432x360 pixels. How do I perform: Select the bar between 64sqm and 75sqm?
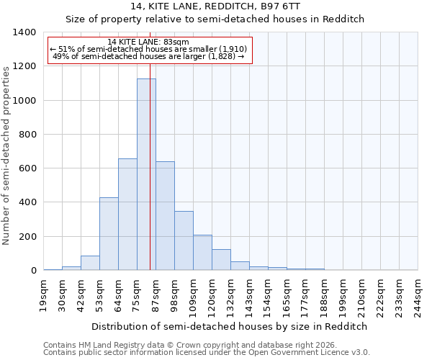coord(127,215)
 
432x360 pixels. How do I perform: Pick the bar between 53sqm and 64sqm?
coord(109,234)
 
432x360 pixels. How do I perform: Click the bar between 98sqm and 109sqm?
coord(184,240)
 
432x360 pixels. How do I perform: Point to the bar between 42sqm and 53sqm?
coord(90,263)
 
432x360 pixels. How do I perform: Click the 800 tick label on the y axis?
coord(27,135)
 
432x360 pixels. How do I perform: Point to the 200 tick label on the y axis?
coord(27,237)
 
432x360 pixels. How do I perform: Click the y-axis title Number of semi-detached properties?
coord(6,155)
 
